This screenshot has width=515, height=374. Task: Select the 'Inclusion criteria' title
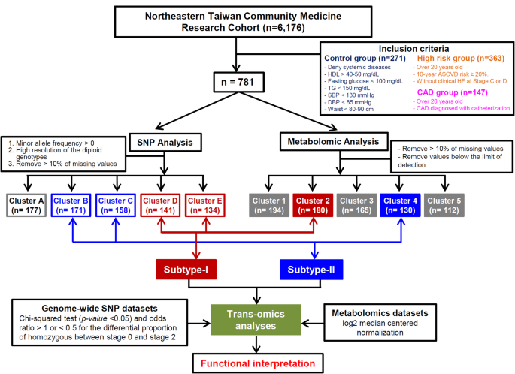(x=406, y=48)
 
